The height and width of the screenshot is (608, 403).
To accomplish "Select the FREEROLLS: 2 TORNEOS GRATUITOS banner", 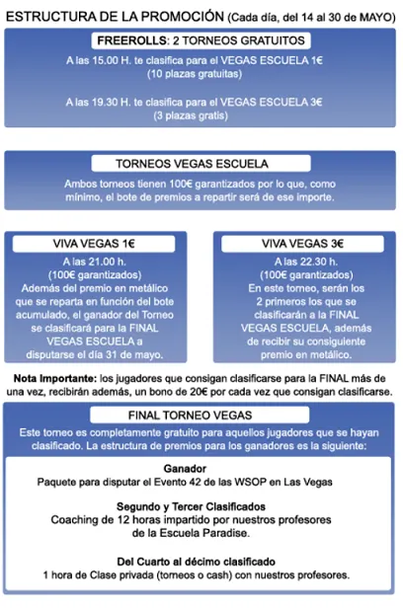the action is click(x=201, y=41).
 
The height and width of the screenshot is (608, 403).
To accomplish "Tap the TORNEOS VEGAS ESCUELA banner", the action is click(x=201, y=164).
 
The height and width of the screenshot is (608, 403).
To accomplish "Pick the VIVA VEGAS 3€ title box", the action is click(x=302, y=242).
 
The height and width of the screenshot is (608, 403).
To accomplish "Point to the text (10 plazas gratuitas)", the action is click(x=201, y=75).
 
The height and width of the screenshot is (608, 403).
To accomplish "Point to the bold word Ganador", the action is click(x=201, y=469).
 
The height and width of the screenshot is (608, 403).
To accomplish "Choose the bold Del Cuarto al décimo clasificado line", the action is click(x=201, y=561).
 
